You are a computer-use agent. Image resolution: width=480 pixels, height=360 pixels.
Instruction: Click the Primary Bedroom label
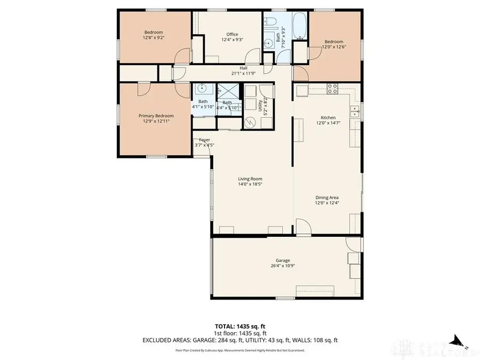156,116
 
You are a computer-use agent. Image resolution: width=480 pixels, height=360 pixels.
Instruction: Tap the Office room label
233,35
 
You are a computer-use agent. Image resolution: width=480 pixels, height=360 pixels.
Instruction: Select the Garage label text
283,261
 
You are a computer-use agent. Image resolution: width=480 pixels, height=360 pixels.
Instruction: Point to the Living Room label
250,179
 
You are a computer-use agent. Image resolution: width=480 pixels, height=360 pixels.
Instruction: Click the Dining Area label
327,197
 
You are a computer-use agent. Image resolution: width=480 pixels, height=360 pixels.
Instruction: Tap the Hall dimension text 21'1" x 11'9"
243,73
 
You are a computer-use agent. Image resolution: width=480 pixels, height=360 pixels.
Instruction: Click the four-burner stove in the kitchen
333,87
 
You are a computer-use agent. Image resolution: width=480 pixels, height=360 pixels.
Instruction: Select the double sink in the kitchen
354,111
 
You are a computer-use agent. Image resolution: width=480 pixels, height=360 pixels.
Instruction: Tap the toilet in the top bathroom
270,23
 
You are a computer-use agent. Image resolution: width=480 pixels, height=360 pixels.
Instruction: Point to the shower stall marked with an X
228,91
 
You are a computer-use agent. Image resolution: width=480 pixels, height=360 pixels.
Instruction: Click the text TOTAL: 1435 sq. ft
239,326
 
